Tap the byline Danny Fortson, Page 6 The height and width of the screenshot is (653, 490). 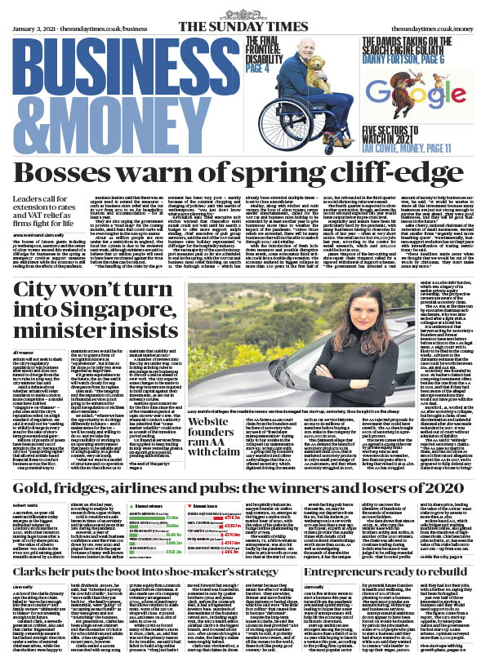(410, 45)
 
